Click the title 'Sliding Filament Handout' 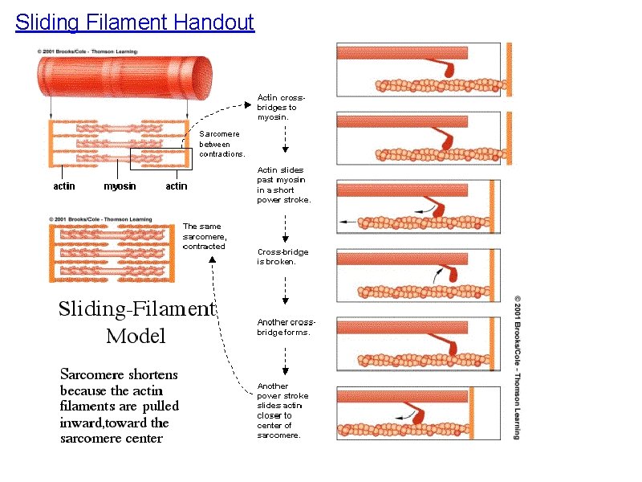[x=135, y=22]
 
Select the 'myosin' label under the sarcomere [x=120, y=186]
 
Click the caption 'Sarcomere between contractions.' [x=222, y=144]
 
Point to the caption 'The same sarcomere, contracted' [x=205, y=236]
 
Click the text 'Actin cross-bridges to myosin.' [x=278, y=107]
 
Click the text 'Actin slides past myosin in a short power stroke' [x=283, y=185]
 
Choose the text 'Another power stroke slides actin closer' [x=282, y=411]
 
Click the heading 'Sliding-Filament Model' [x=136, y=321]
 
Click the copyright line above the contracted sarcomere [x=100, y=219]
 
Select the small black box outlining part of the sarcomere [x=174, y=159]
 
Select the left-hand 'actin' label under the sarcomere [x=64, y=186]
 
